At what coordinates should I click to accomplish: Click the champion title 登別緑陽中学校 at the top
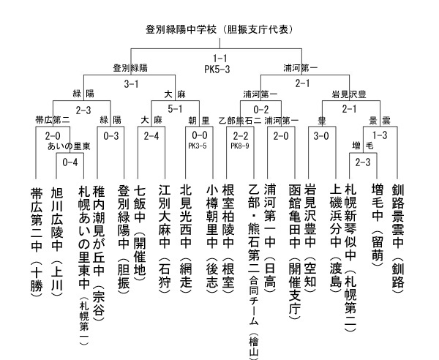181,29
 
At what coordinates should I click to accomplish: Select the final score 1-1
220,59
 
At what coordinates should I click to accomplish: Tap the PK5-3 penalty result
217,69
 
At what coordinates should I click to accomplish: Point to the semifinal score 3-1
131,83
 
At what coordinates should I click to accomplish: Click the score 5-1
175,109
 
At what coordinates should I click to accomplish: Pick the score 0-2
261,109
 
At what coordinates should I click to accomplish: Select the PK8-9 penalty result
240,146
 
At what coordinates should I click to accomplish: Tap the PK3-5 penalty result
198,146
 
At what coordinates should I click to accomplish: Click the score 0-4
70,162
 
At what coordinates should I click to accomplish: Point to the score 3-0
321,136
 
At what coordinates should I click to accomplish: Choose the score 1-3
380,135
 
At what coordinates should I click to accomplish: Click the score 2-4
151,136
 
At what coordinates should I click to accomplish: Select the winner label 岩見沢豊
349,94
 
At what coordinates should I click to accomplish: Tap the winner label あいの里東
69,146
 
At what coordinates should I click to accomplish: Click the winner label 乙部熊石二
240,121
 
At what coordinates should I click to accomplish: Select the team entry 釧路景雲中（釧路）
398,239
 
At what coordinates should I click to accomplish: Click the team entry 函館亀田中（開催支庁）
295,252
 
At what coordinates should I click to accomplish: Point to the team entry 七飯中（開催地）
140,233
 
